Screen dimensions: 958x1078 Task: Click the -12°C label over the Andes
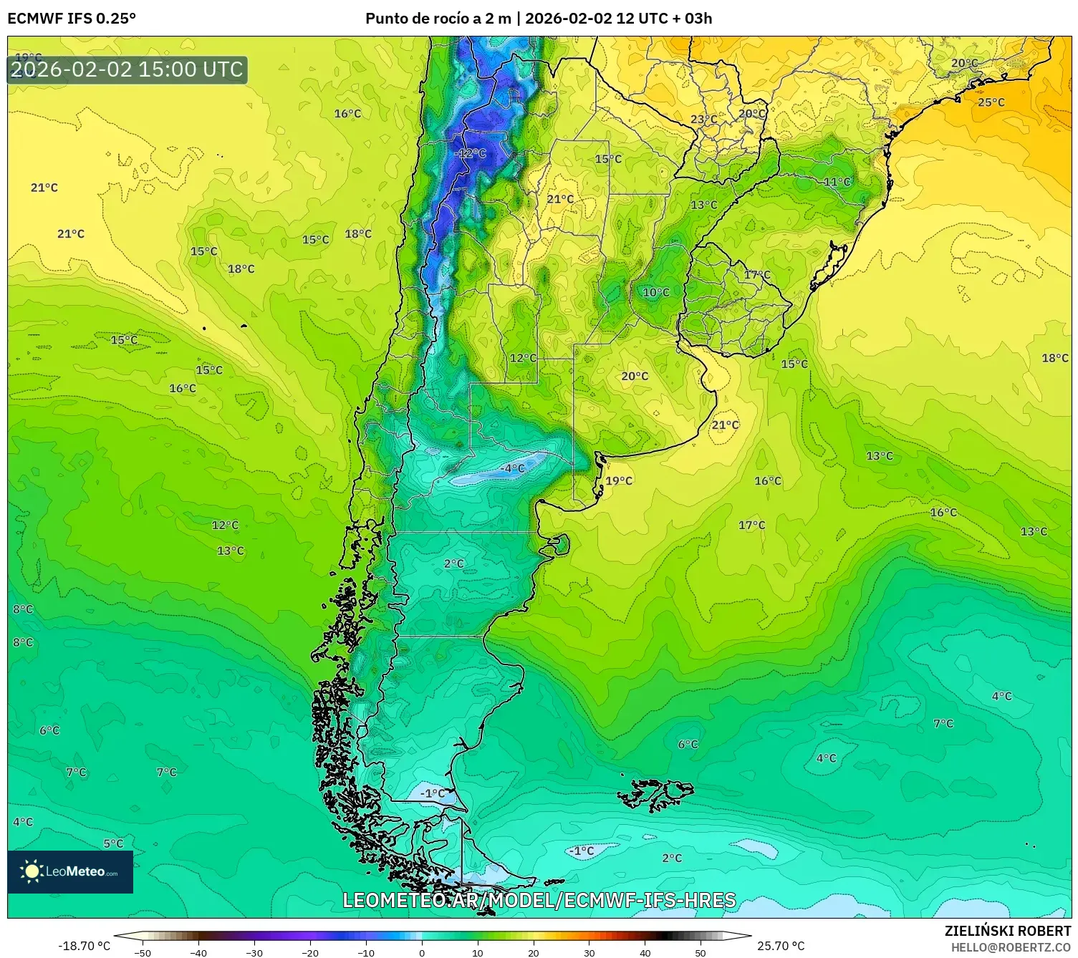point(470,153)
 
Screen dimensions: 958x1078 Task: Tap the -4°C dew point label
point(512,468)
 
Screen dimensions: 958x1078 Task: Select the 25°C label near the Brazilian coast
point(991,102)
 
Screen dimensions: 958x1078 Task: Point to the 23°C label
point(703,120)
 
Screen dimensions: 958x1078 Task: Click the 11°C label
point(837,182)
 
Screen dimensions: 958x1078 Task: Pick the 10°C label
point(655,292)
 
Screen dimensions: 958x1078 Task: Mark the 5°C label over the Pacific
point(113,843)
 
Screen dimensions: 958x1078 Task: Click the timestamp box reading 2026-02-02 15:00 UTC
point(127,69)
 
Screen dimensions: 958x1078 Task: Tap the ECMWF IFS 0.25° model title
point(72,19)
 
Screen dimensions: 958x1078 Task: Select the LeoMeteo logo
point(70,871)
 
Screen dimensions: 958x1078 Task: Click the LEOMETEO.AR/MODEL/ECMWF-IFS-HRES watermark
point(539,900)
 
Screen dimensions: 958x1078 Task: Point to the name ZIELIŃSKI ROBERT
point(1007,932)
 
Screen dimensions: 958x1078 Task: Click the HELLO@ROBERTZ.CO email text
point(1011,947)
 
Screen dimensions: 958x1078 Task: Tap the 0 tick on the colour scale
point(422,952)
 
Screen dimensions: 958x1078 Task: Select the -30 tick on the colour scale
point(254,952)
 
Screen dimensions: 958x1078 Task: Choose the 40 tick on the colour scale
point(645,952)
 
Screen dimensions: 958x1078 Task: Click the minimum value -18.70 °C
point(84,946)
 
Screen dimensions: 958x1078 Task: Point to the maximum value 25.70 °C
point(781,946)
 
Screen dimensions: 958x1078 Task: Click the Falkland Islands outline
point(655,794)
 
